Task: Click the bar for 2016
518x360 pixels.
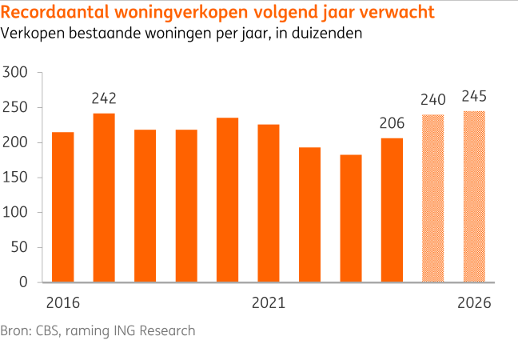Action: click(62, 207)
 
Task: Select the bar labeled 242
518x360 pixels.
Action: click(104, 198)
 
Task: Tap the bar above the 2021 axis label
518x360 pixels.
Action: click(269, 203)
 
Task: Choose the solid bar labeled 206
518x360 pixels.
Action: click(392, 210)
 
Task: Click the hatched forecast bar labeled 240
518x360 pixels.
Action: click(432, 198)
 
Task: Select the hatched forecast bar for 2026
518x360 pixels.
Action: click(474, 197)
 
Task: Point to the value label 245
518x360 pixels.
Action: click(474, 97)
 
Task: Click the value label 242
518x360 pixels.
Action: click(104, 98)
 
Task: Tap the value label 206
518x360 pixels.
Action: click(392, 123)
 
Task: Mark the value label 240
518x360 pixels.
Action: click(432, 100)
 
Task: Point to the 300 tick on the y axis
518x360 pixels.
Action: click(17, 73)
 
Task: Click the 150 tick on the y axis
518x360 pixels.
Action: click(17, 178)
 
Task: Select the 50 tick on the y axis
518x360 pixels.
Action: click(20, 247)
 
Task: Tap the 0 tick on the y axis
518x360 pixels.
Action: click(24, 282)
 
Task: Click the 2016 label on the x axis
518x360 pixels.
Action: click(62, 304)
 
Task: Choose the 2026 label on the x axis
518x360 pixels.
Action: click(474, 304)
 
